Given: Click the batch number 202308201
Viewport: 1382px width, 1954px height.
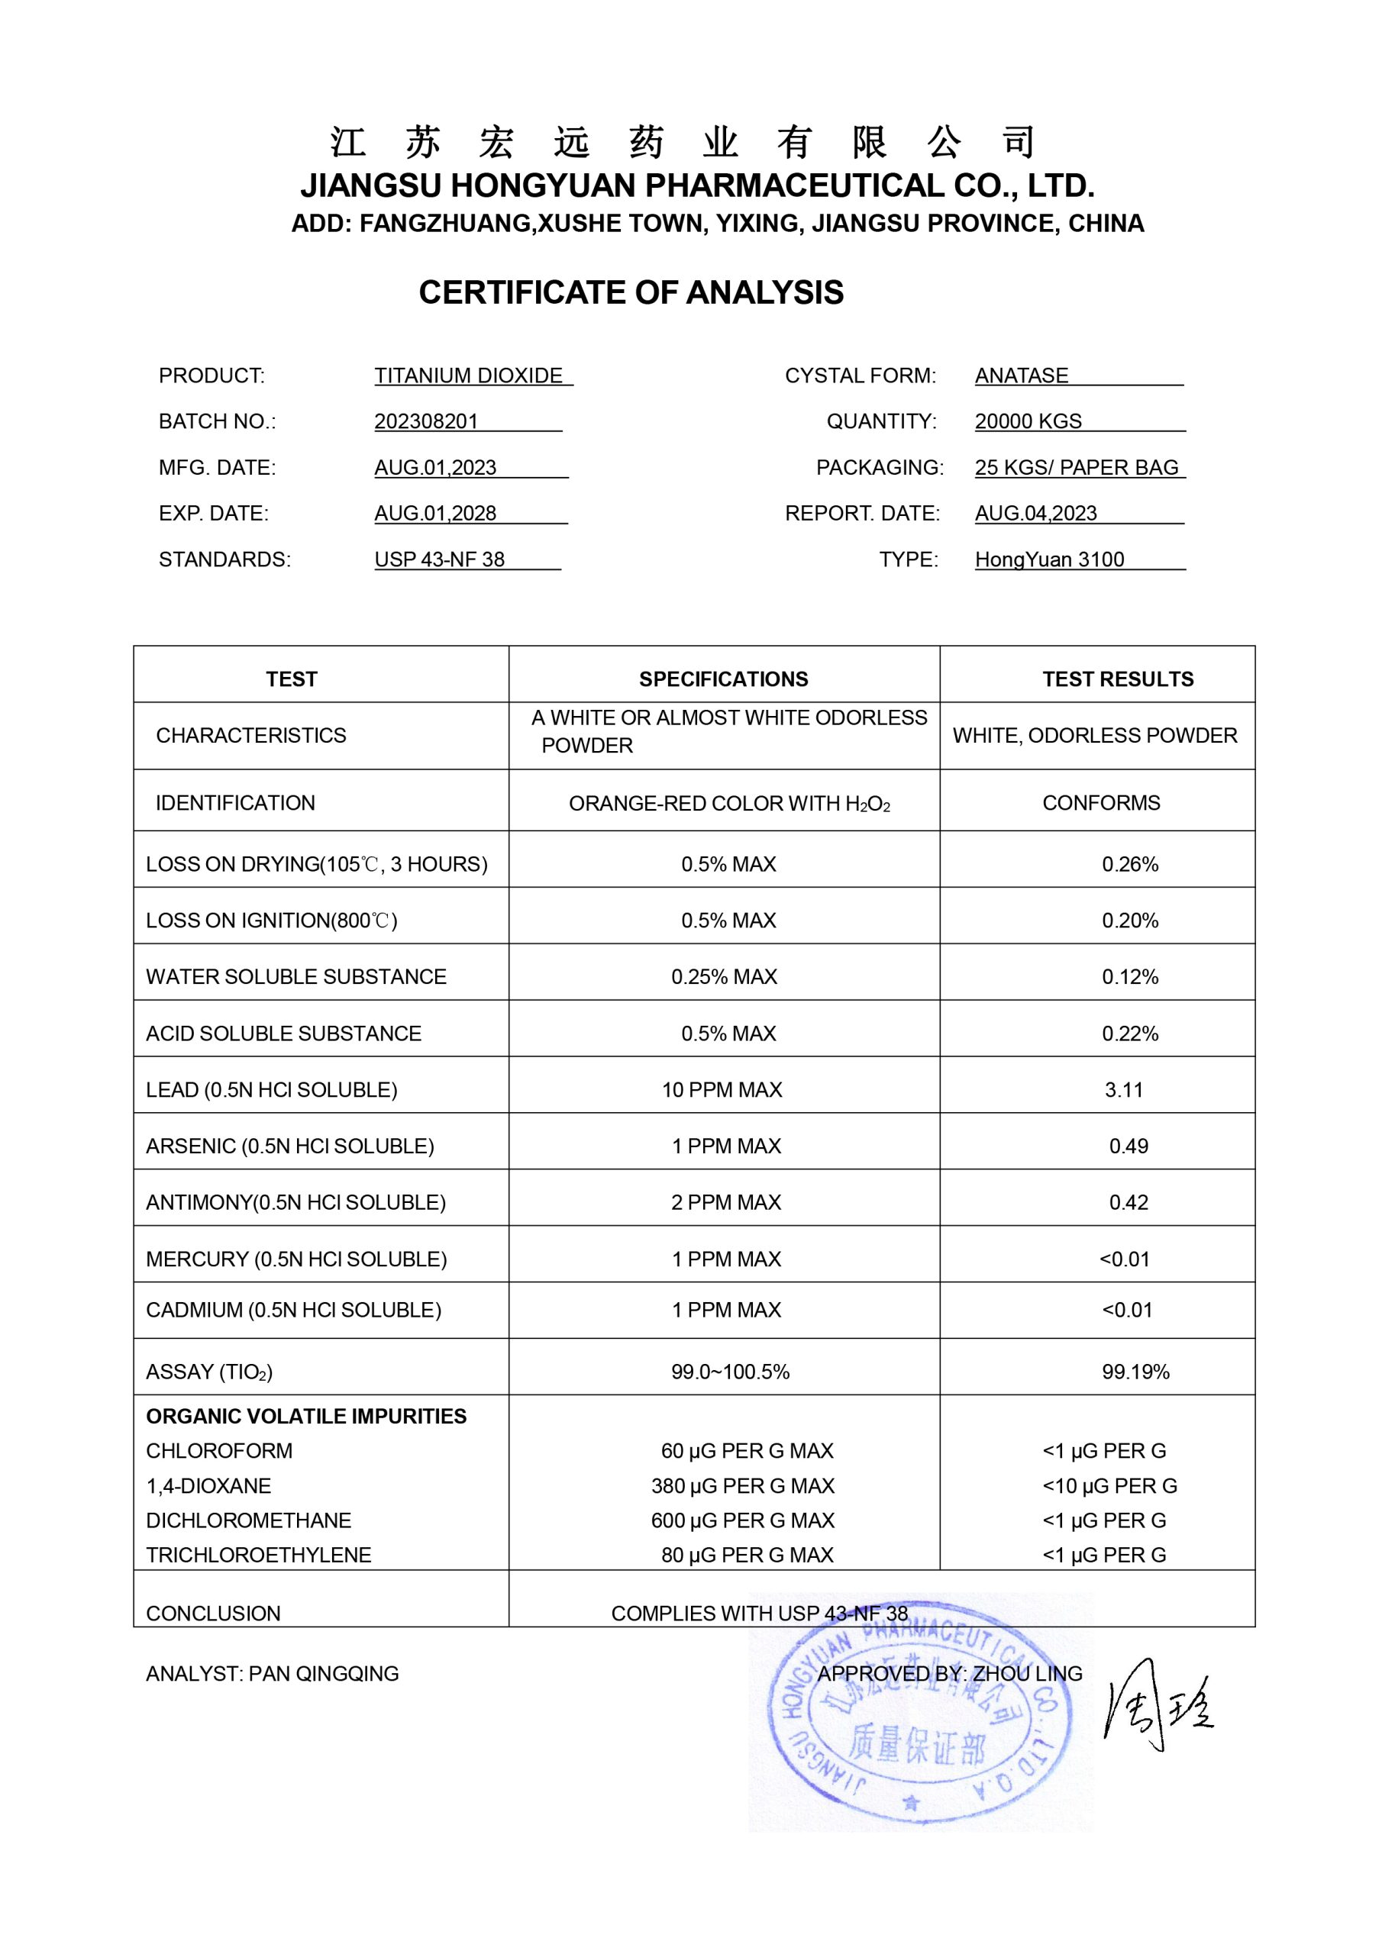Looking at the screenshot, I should tap(426, 421).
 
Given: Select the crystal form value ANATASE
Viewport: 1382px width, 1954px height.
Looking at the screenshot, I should tap(1021, 376).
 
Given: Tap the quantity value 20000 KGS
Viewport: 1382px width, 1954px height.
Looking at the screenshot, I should tap(1028, 421).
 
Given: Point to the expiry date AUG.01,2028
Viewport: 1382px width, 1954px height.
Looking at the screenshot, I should tap(435, 513).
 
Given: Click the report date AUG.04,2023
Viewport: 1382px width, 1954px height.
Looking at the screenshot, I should tap(1035, 513).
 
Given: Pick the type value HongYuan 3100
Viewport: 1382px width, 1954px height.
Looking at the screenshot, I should tap(1049, 559).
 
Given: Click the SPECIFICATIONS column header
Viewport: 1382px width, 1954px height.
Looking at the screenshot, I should tap(723, 679).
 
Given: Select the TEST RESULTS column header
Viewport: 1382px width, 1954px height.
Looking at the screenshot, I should tap(1117, 679).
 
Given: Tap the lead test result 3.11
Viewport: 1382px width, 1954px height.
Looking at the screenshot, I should tap(1123, 1089).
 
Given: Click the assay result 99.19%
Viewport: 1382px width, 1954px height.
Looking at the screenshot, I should tap(1135, 1371).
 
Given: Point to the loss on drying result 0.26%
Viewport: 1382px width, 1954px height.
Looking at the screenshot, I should tap(1130, 864).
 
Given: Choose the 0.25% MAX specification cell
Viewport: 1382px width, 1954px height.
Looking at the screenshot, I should tap(724, 976).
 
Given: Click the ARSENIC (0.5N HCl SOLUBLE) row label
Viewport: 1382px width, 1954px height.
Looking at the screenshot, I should tap(289, 1146).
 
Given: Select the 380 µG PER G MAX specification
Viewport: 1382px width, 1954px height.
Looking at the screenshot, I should tap(742, 1485).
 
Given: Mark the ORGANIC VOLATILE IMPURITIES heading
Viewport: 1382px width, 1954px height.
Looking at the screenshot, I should tap(305, 1415).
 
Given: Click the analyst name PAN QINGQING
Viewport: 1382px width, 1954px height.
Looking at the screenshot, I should tap(324, 1673).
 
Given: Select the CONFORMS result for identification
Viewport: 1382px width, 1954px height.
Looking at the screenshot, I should tap(1101, 802).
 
